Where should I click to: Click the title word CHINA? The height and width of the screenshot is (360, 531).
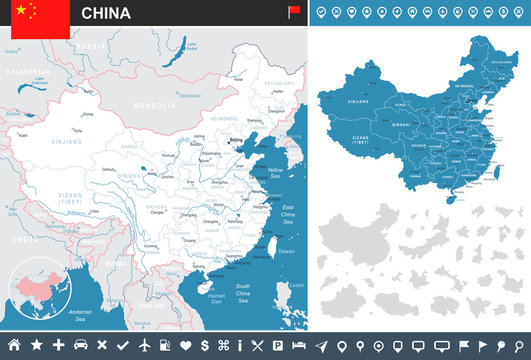104,13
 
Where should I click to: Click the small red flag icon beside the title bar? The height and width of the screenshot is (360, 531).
294,12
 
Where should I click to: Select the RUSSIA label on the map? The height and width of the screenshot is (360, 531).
91,46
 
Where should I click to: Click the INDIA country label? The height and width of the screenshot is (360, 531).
19,239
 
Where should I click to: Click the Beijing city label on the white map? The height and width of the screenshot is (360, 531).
236,139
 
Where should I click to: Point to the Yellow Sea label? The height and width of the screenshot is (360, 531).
277,171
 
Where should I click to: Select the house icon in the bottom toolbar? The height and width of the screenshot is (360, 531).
14,345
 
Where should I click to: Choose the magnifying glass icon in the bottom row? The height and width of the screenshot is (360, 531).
518,345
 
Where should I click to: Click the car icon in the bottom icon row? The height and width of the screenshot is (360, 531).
80,345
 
